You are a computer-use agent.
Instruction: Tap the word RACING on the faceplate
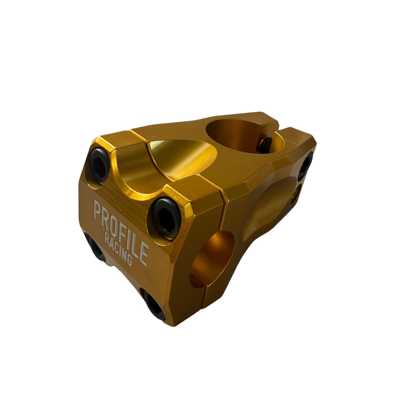coord(118,249)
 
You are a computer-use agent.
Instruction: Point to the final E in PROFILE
coord(143,255)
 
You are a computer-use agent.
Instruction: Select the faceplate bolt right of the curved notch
coord(167,218)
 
